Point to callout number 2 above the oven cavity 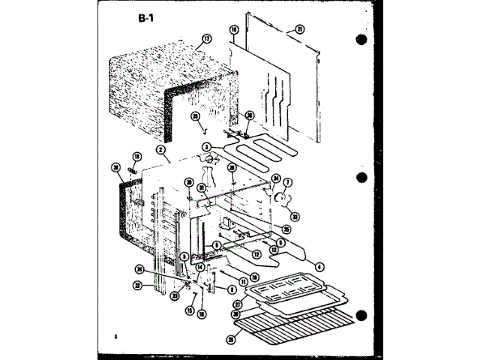click(x=161, y=149)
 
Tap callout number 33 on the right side click(x=295, y=217)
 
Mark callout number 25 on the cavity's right click(x=286, y=229)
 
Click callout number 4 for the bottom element click(x=320, y=266)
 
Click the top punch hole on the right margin click(x=362, y=40)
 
